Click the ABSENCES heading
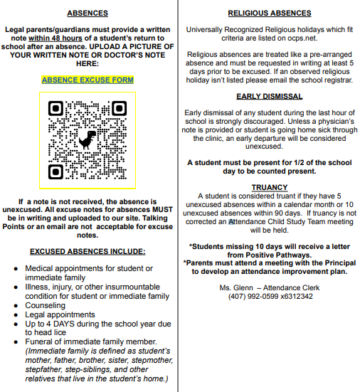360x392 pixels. (x=88, y=13)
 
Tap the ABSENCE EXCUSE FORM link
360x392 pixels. (x=88, y=80)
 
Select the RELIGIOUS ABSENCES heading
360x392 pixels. (x=269, y=13)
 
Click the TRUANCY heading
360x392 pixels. (x=269, y=187)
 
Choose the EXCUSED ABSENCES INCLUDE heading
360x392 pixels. (x=88, y=251)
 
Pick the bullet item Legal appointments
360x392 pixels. (x=60, y=314)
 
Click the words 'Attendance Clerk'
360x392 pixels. (x=292, y=287)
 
